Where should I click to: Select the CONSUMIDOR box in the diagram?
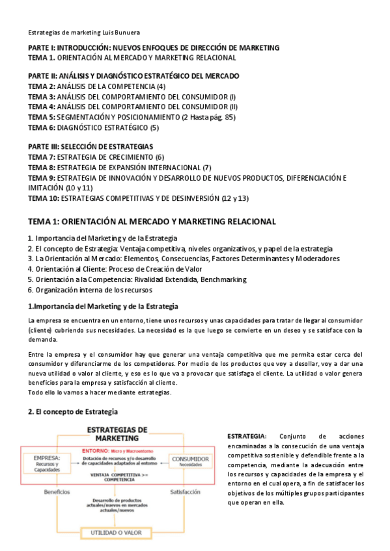tap(189, 461)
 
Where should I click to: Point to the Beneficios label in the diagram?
tap(57, 492)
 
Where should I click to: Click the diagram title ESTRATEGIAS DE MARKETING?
tap(117, 434)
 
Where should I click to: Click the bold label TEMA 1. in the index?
tap(42, 57)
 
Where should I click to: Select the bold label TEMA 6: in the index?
tap(42, 127)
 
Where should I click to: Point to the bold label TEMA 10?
tap(44, 198)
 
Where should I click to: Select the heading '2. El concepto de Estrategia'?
tap(72, 412)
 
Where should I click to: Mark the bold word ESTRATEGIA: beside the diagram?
tap(247, 435)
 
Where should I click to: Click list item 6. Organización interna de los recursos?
tap(95, 290)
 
